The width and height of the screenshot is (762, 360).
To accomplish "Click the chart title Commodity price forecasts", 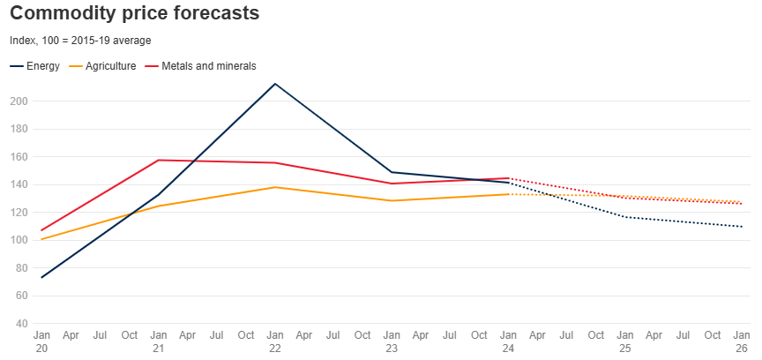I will [134, 14].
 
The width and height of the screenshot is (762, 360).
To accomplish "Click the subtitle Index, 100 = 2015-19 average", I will [80, 41].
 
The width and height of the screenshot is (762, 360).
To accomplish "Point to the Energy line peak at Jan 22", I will [275, 84].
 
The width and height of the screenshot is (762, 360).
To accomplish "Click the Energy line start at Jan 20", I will [41, 277].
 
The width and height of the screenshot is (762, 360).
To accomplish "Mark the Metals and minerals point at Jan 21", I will [159, 160].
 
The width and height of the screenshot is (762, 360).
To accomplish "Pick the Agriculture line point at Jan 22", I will [275, 187].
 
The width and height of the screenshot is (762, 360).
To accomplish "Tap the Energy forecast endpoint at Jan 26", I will [742, 227].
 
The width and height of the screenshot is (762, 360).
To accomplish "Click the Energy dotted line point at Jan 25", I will [625, 217].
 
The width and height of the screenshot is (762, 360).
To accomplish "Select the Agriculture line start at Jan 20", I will [41, 239].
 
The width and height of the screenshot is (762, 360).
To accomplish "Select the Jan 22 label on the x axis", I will [275, 341].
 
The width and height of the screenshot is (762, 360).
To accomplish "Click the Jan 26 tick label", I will [742, 341].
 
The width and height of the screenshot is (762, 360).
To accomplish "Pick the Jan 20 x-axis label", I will [41, 341].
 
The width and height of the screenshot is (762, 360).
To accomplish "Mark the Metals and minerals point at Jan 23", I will [392, 184].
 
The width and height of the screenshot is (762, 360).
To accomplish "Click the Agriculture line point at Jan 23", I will [392, 200].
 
